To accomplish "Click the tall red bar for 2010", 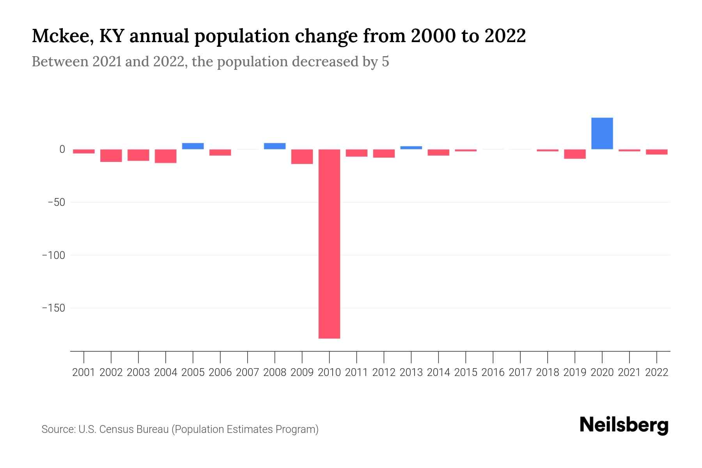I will tap(329, 244).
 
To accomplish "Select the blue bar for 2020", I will tap(602, 133).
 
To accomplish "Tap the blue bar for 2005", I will tap(193, 146).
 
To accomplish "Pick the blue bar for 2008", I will tap(275, 146).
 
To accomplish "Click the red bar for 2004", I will tap(165, 156).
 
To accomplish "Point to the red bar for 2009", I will tap(302, 156).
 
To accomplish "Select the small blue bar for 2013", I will tap(411, 147).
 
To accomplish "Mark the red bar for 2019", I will tap(574, 154).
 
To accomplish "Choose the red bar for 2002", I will tap(111, 155).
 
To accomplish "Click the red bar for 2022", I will tap(656, 152).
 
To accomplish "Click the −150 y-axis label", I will tap(54, 308).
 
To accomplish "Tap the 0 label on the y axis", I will tap(62, 149).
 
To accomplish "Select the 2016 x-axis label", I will tap(493, 372).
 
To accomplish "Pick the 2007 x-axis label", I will tap(247, 372).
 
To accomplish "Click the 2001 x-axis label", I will tap(84, 372).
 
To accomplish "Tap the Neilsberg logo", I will tap(624, 425).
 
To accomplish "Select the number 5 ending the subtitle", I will tap(385, 62).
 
